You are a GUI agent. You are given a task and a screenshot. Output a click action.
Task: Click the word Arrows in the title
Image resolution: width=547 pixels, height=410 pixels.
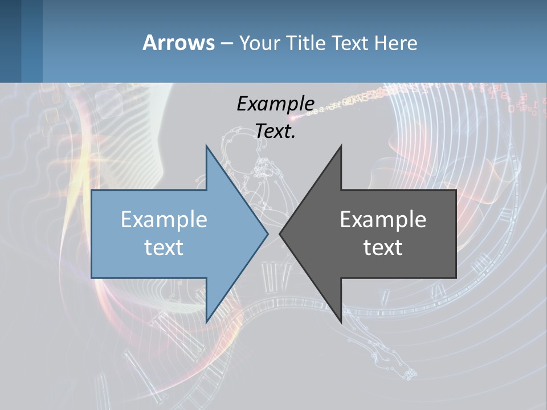(x=178, y=43)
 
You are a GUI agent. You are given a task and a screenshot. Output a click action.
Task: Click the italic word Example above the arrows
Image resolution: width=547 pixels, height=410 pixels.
(x=275, y=104)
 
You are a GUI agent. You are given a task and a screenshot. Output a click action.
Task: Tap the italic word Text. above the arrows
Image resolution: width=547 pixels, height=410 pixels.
(x=275, y=131)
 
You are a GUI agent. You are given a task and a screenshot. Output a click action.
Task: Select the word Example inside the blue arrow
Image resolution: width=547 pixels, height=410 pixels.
(x=164, y=220)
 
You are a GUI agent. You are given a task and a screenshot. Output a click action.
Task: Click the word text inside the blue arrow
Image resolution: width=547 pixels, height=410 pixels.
(x=164, y=248)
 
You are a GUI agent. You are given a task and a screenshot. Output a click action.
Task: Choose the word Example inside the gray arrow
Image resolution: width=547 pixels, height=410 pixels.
(x=383, y=220)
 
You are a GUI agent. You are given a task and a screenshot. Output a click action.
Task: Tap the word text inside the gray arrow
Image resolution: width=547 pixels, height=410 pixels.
(x=383, y=248)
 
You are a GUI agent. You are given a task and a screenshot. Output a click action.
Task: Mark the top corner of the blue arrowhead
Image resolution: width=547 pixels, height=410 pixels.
(x=207, y=146)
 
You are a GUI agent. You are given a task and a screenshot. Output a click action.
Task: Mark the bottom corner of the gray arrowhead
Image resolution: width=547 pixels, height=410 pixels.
(x=341, y=321)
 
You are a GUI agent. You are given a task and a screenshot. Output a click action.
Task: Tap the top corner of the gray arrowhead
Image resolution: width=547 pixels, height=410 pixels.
(x=341, y=146)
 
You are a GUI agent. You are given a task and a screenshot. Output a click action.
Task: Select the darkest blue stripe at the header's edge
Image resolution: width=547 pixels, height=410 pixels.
(x=10, y=41)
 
